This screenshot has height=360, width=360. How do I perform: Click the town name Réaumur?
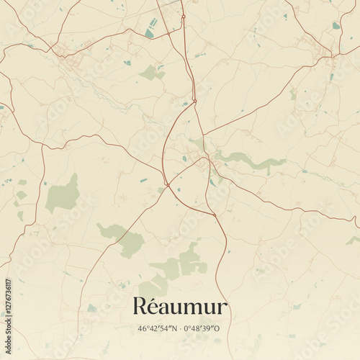[180, 307]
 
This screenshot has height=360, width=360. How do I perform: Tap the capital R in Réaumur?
[139, 307]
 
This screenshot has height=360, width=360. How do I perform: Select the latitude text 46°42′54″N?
[158, 329]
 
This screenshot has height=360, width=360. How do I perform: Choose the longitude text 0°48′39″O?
[203, 329]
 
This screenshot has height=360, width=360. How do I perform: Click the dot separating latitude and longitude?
[180, 329]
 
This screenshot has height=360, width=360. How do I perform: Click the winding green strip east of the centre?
[248, 161]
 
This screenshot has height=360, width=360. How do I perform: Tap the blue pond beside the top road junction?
[150, 32]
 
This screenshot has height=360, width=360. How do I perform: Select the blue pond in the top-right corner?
[336, 26]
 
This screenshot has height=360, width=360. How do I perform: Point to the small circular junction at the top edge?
[183, 16]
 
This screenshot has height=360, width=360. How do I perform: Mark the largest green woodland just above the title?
[184, 263]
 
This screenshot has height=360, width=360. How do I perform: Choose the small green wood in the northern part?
[150, 72]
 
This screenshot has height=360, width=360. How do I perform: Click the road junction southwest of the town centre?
[167, 186]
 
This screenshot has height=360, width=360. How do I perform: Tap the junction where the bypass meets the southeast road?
[214, 214]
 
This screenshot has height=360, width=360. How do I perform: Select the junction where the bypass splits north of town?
[194, 100]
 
